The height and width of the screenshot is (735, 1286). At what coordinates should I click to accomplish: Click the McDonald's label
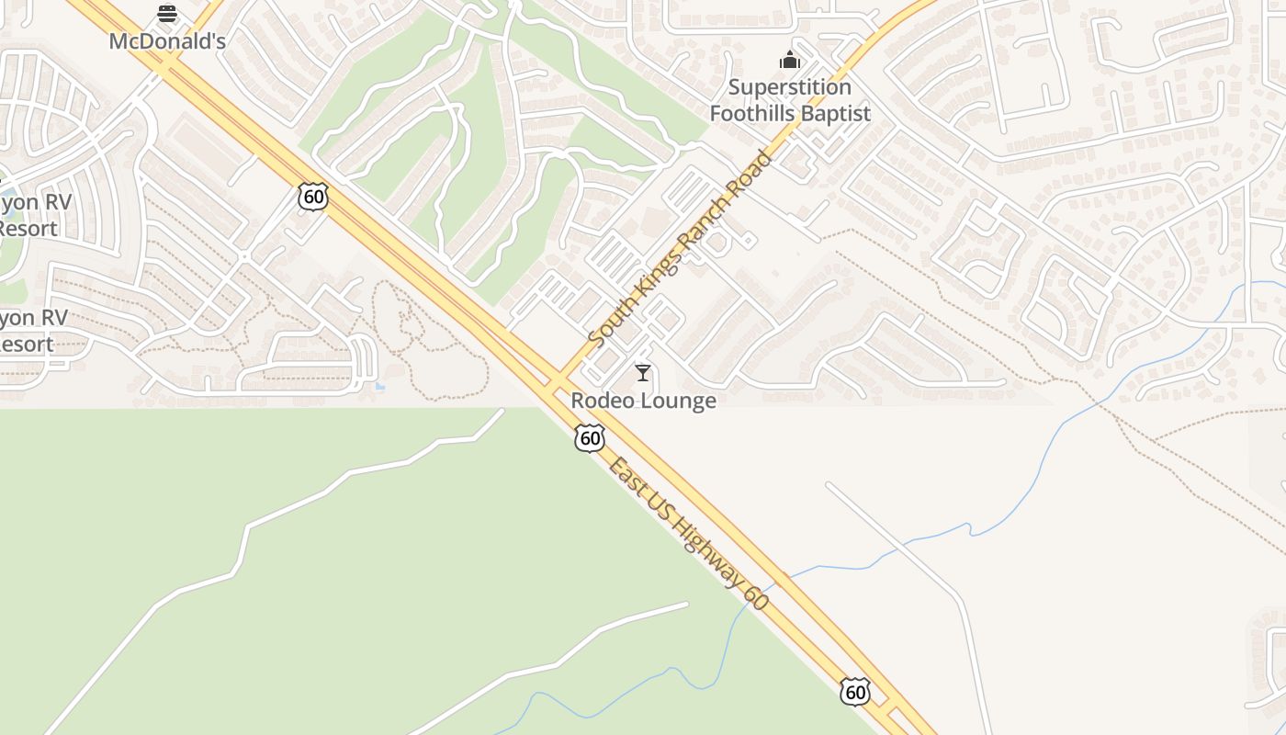click(167, 41)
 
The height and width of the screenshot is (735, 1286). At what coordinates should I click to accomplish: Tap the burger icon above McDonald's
click(167, 14)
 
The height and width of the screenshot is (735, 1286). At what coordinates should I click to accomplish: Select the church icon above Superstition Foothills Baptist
click(790, 61)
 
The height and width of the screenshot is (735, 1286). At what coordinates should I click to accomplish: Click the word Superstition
click(790, 87)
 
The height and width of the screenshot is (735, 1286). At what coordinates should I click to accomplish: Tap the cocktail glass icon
click(643, 372)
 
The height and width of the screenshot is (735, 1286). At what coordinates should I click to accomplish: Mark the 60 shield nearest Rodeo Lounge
click(590, 438)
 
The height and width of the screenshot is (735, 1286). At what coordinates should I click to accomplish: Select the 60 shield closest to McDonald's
click(312, 196)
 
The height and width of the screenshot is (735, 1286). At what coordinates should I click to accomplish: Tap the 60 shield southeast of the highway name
click(854, 691)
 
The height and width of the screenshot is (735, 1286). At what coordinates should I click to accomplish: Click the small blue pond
click(380, 386)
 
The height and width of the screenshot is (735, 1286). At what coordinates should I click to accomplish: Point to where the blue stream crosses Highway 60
click(777, 581)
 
